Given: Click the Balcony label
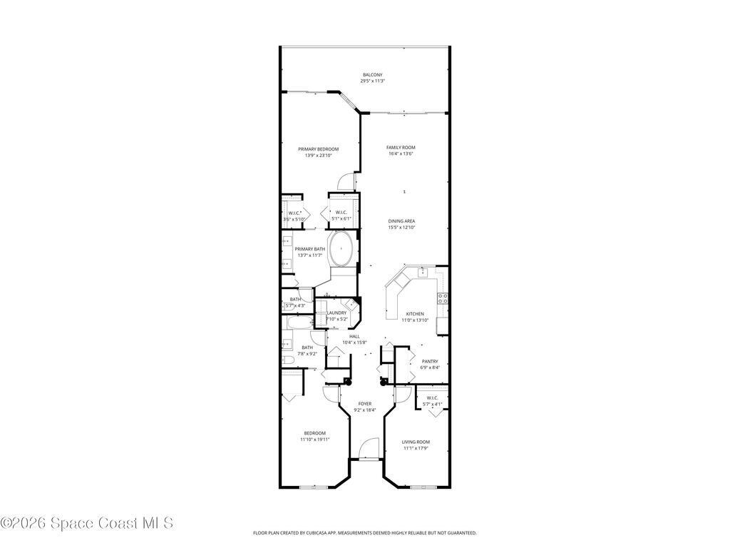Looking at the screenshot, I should click(x=372, y=75).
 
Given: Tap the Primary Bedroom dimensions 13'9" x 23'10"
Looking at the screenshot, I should click(x=318, y=155).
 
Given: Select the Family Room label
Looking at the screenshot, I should click(x=401, y=147).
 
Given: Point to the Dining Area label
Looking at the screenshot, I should click(x=401, y=221).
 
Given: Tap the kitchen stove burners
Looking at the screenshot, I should click(x=442, y=299).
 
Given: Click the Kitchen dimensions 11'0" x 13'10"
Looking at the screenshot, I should click(x=415, y=320).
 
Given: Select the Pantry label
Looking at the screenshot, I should click(x=430, y=361).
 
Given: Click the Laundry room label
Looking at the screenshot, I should click(x=336, y=313).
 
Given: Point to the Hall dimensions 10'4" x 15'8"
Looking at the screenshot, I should click(x=354, y=342).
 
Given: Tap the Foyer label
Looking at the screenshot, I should click(x=365, y=404).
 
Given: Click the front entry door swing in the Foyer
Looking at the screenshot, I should click(x=368, y=450).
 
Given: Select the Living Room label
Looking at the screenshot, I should click(x=416, y=442).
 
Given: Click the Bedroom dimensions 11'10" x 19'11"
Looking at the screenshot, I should click(x=315, y=440).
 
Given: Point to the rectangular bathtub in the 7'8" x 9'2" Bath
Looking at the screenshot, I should click(x=299, y=324).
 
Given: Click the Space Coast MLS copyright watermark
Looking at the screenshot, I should click(x=87, y=523).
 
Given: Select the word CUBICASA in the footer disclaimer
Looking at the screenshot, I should click(x=327, y=533).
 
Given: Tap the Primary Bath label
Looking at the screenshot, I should click(x=310, y=249).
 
